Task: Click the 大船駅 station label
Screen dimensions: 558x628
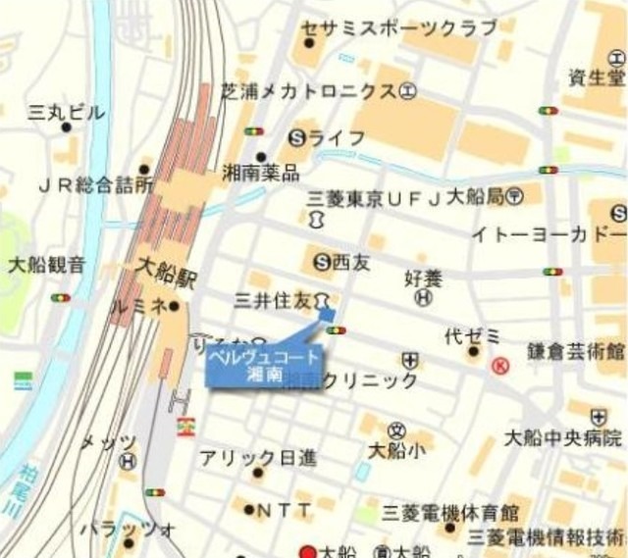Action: click(164, 273)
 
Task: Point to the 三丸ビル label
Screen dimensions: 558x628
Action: click(67, 113)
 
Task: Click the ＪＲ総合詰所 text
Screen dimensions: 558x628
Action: click(95, 183)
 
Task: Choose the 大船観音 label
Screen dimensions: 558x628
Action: click(46, 264)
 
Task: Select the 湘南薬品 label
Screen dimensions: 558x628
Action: click(260, 174)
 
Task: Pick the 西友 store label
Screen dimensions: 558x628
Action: click(350, 262)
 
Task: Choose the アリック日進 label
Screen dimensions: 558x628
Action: click(258, 457)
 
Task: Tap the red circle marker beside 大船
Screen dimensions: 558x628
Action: click(308, 551)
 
